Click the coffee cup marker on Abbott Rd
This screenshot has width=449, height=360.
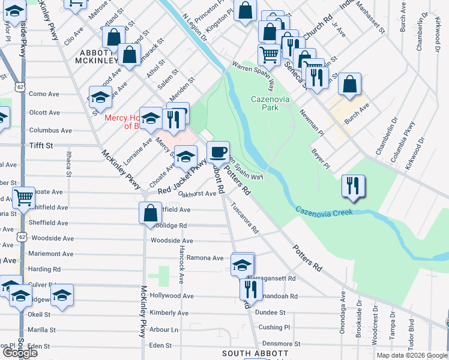[218, 151]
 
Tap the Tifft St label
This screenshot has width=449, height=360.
[41, 145]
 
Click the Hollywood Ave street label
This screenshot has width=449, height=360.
[172, 296]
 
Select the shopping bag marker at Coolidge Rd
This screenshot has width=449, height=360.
[149, 213]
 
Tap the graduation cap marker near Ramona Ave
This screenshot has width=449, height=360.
[243, 264]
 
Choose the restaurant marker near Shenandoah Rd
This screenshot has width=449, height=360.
[249, 289]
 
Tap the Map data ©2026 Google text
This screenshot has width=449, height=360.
[410, 355]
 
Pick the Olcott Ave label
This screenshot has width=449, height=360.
[44, 112]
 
